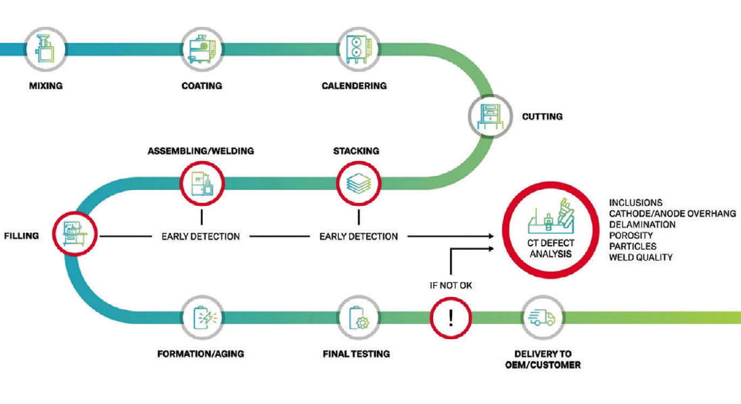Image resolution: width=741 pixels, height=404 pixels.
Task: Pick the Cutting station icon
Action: click(x=490, y=116)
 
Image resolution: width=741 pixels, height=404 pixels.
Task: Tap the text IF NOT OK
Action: click(x=451, y=285)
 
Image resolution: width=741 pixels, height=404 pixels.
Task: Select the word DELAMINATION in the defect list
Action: click(x=642, y=224)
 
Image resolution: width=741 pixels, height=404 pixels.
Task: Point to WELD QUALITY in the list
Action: click(x=640, y=257)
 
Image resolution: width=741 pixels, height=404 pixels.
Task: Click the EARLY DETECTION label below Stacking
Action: click(x=359, y=236)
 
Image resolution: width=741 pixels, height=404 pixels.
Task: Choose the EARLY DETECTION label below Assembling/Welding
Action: click(x=200, y=236)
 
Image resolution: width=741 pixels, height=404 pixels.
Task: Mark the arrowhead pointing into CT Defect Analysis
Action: click(x=491, y=236)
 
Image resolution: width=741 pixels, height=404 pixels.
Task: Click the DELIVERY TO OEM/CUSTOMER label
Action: click(x=542, y=359)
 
